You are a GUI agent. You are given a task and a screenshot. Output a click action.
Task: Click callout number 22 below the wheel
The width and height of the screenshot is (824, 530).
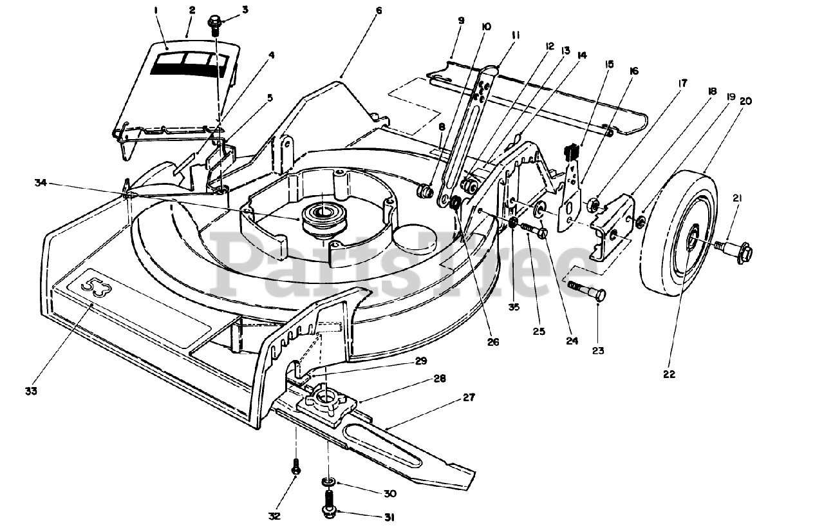pos(669,374)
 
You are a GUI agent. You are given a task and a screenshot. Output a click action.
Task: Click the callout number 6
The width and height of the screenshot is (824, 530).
pos(379,11)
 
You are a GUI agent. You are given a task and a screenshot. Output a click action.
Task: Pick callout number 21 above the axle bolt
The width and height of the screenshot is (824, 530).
pos(736,199)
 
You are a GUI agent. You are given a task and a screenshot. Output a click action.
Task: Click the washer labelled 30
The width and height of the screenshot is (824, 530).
pos(328,482)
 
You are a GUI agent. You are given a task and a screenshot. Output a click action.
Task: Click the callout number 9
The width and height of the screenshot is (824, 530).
pos(461,21)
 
